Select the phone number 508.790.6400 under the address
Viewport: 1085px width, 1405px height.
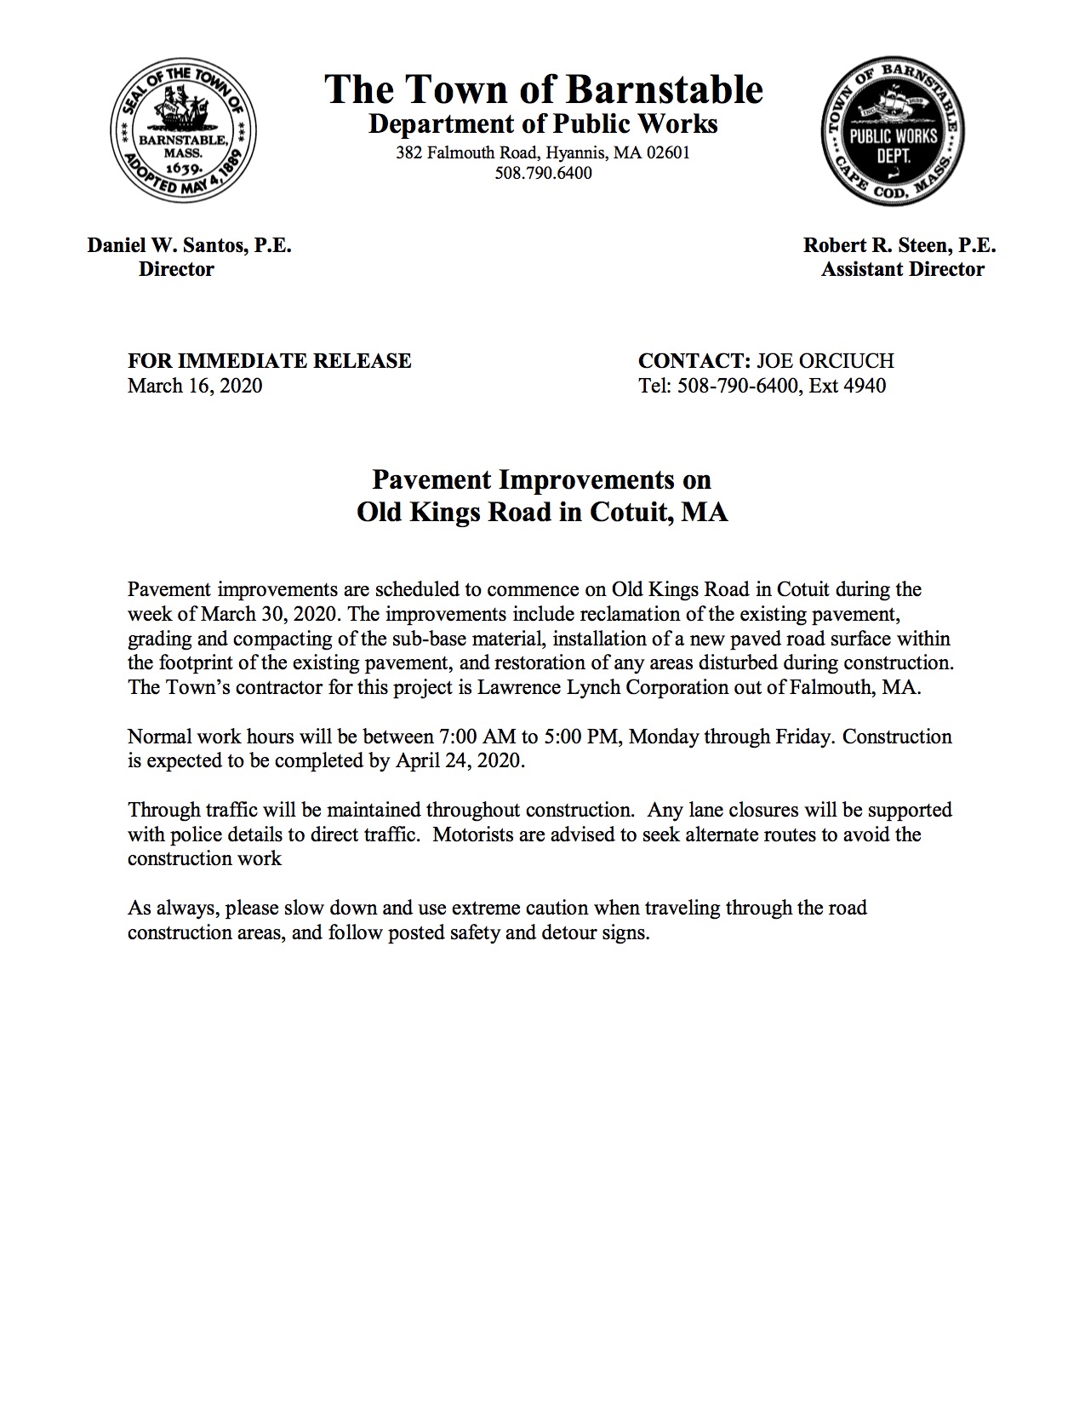[x=543, y=174]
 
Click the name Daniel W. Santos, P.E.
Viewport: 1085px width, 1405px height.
[x=189, y=246]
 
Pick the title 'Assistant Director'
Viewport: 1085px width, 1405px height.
[x=903, y=270]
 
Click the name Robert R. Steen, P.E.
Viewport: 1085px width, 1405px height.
[x=899, y=246]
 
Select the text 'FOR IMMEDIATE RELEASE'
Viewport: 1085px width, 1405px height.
[x=269, y=361]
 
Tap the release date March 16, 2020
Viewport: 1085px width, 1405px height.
[x=195, y=386]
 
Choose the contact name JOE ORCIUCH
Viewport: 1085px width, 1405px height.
[x=825, y=361]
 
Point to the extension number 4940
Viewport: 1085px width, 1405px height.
[x=865, y=386]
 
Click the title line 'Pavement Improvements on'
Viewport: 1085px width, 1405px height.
[x=542, y=480]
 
